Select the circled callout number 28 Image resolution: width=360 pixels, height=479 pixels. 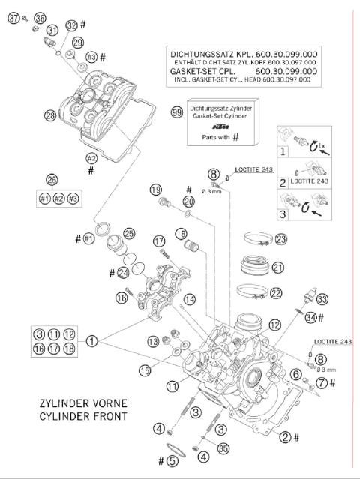click(50, 115)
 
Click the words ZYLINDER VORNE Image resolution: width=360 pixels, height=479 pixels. click(71, 403)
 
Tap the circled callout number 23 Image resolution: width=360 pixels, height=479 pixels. click(280, 240)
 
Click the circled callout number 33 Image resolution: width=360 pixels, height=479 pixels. click(322, 299)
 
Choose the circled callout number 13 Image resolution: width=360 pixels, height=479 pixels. click(152, 341)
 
